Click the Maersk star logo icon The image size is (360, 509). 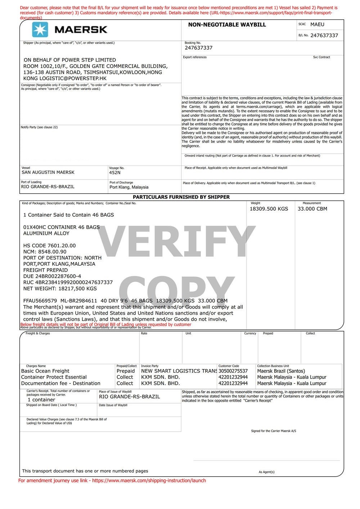click(x=40, y=30)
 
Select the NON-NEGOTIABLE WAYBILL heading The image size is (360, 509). click(x=227, y=25)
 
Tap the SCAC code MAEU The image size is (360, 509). click(x=317, y=24)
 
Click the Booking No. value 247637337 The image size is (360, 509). click(x=198, y=48)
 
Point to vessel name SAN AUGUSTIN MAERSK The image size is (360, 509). click(x=48, y=172)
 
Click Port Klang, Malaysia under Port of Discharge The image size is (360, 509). click(x=129, y=187)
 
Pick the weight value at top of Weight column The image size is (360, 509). click(x=269, y=209)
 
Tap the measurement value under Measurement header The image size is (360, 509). click(x=312, y=209)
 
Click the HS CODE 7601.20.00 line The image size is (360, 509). click(x=49, y=246)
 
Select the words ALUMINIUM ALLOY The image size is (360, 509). click(x=46, y=233)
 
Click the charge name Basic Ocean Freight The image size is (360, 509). click(x=45, y=371)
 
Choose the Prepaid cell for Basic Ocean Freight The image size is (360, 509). click(x=126, y=371)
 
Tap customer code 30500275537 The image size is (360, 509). click(x=233, y=371)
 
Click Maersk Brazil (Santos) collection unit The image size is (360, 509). click(x=281, y=371)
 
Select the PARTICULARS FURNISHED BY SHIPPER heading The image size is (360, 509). click(x=181, y=197)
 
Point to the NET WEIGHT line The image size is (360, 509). click(x=60, y=288)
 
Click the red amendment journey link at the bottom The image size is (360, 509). click(x=112, y=481)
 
